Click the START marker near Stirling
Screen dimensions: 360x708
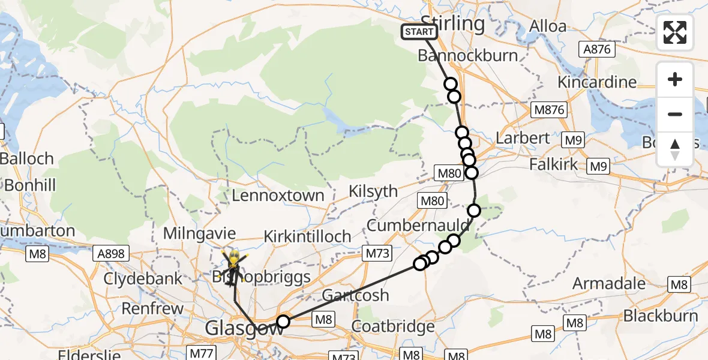(x=419, y=32)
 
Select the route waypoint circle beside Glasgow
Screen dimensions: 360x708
(x=283, y=322)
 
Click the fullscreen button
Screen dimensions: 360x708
(x=675, y=32)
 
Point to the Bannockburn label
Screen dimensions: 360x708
(x=467, y=56)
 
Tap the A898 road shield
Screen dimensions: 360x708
(x=110, y=254)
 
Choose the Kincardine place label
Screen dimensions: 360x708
(x=597, y=82)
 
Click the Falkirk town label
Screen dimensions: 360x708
(x=553, y=164)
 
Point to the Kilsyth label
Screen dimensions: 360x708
(x=374, y=191)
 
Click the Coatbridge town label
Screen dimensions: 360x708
(x=392, y=327)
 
